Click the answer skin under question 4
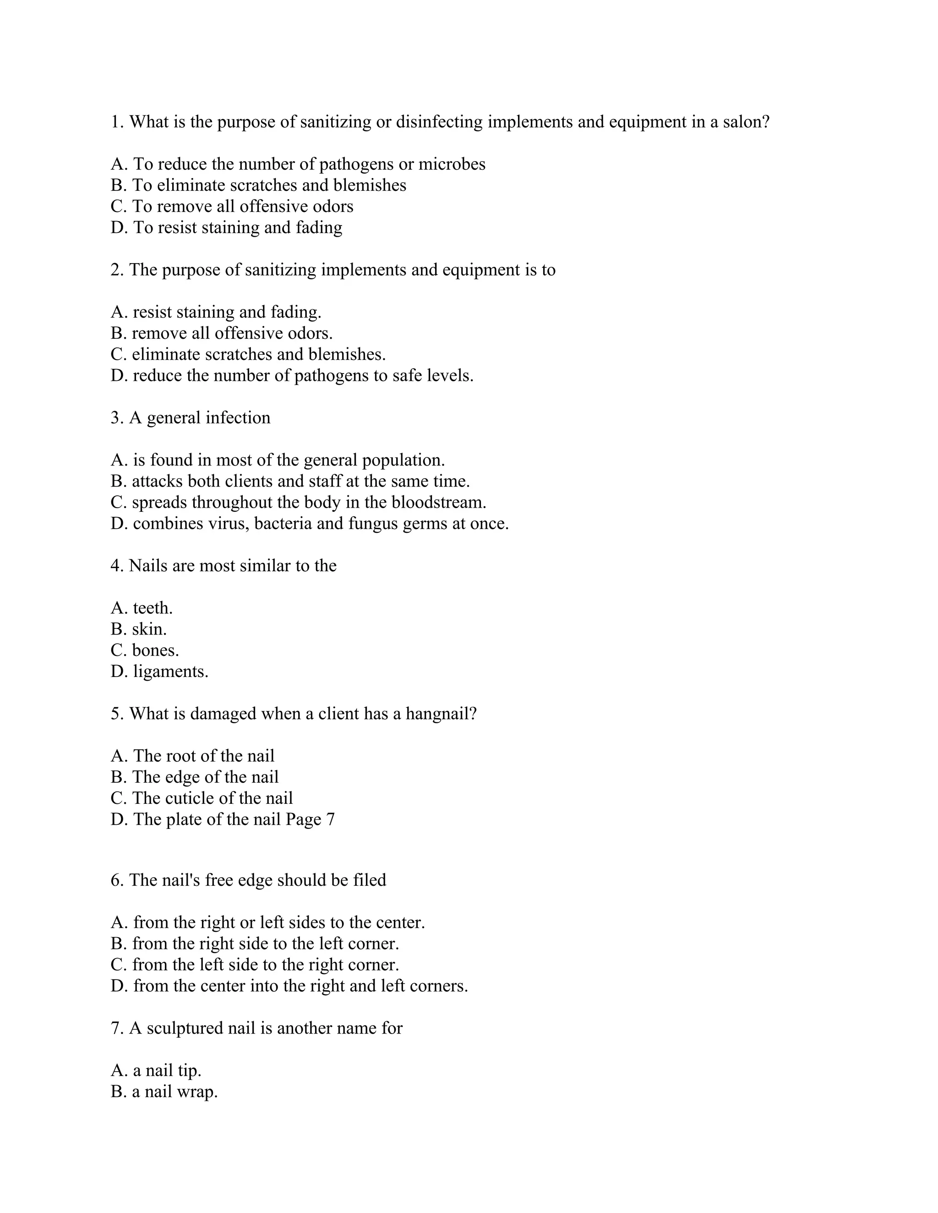[x=149, y=630]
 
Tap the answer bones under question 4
[x=155, y=651]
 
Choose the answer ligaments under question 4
[x=170, y=672]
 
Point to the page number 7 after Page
[x=331, y=820]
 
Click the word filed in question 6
[x=370, y=880]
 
